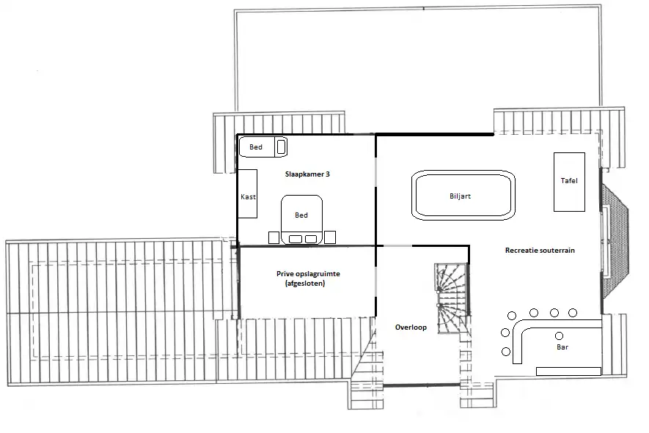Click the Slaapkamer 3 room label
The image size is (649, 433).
point(307,174)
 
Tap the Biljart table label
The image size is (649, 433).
point(460,196)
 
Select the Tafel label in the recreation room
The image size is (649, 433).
point(569,180)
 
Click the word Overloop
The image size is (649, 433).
point(411,327)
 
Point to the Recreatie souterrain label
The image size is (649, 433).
point(540,251)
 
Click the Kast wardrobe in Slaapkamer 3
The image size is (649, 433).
point(247,193)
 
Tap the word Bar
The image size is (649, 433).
point(562,347)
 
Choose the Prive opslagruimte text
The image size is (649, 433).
point(308,274)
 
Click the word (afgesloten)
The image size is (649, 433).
point(305,284)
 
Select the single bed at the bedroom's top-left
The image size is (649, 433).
point(263,147)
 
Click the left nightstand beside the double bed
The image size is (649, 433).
point(274,237)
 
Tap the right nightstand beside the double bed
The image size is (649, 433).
point(330,237)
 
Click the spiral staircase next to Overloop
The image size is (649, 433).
point(452,295)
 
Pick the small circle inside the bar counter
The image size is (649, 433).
point(560,336)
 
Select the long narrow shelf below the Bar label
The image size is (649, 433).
point(568,371)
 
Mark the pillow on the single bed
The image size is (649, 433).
point(281,147)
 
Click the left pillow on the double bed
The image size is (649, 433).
point(295,239)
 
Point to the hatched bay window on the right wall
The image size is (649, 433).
point(615,241)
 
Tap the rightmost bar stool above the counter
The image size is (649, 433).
point(573,313)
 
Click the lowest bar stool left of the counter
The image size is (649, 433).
point(506,352)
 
